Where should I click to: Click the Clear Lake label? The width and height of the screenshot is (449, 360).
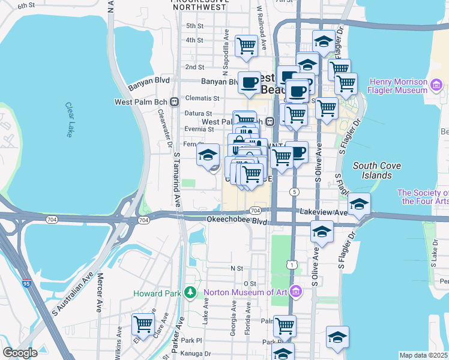68,119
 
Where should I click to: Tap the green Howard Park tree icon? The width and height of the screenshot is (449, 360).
190,292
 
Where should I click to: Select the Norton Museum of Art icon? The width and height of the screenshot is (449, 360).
295,292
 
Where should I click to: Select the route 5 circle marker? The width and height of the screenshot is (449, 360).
294,191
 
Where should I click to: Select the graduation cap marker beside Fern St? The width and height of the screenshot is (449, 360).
208,155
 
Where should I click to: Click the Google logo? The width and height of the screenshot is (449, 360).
20,353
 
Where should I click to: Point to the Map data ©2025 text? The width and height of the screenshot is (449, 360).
423,355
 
